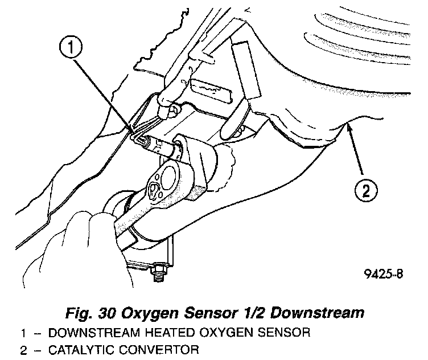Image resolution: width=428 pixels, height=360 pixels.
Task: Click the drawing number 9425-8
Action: [384, 274]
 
